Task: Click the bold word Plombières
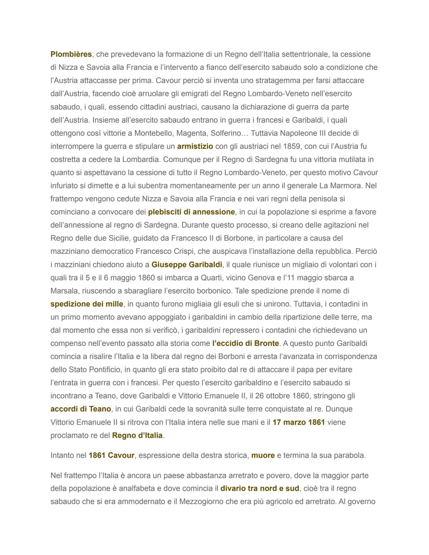[x=71, y=54]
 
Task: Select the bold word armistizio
[x=195, y=146]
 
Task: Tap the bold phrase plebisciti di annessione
[x=191, y=212]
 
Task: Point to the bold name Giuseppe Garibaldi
[x=187, y=264]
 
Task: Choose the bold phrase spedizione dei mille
[x=87, y=304]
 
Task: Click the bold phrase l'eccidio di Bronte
[x=246, y=343]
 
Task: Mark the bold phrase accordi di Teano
[x=81, y=409]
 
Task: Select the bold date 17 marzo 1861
[x=299, y=422]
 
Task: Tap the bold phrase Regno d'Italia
[x=137, y=435]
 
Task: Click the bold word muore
[x=263, y=455]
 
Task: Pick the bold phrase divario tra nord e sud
[x=260, y=488]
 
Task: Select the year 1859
[x=292, y=146]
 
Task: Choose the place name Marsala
[x=64, y=291]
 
